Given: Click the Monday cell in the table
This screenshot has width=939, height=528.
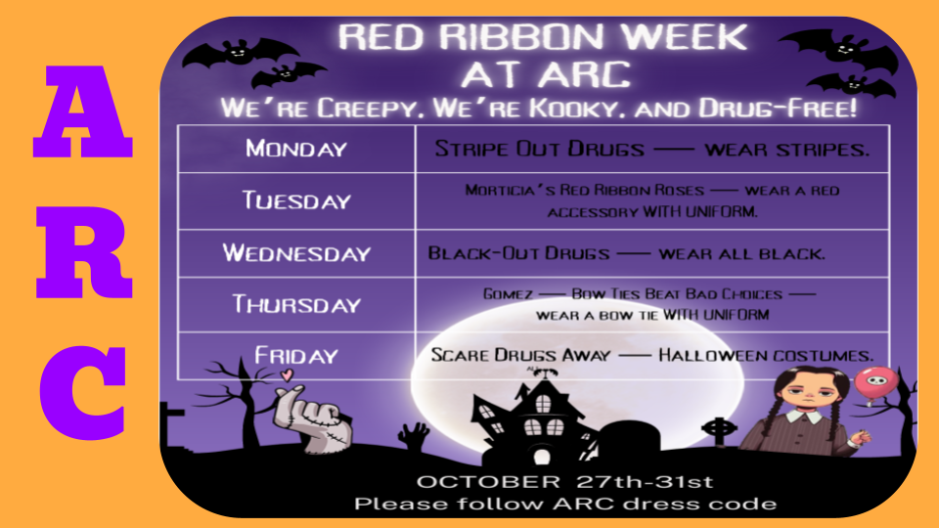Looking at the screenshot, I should tap(295, 150).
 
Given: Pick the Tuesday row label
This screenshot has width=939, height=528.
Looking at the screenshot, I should tap(295, 201).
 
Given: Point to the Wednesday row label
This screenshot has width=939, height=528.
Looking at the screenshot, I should tap(295, 253).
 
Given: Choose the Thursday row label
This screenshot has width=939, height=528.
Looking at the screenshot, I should tap(295, 304).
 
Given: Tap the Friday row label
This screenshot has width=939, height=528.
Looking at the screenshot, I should tap(295, 356).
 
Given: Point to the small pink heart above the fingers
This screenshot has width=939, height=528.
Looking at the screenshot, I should tap(285, 374).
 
